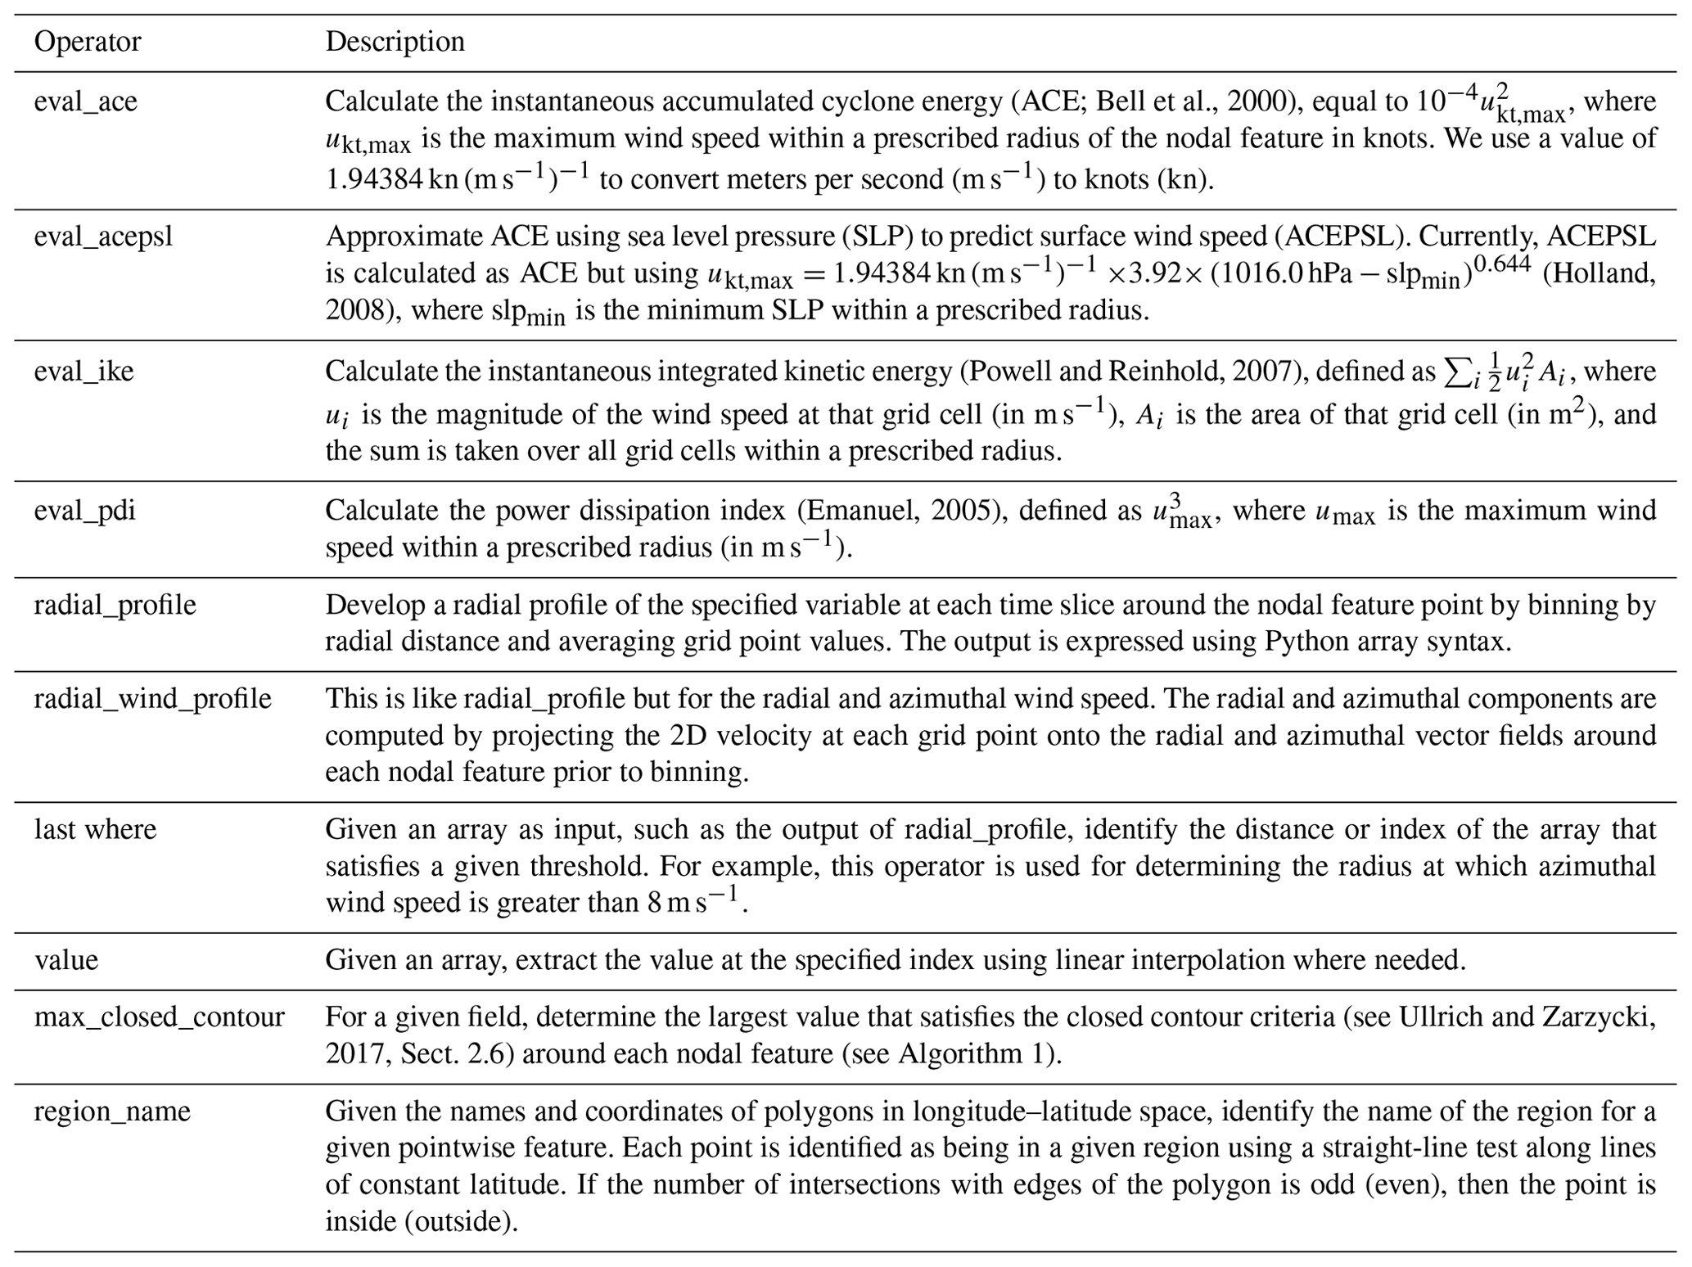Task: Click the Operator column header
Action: pos(87,42)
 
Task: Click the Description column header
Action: pos(395,42)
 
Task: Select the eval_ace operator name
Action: pos(85,101)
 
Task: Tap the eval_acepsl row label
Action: pos(103,237)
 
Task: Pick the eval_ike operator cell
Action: pos(83,372)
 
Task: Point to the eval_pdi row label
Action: pos(84,511)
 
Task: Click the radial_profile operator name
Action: pos(115,605)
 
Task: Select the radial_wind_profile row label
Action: pos(152,699)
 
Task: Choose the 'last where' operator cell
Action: pos(95,830)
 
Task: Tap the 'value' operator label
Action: pos(65,960)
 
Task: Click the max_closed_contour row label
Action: pos(159,1017)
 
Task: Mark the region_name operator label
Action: pos(111,1111)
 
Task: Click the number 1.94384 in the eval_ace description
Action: pos(373,178)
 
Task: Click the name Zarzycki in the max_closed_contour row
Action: pos(1592,1017)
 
